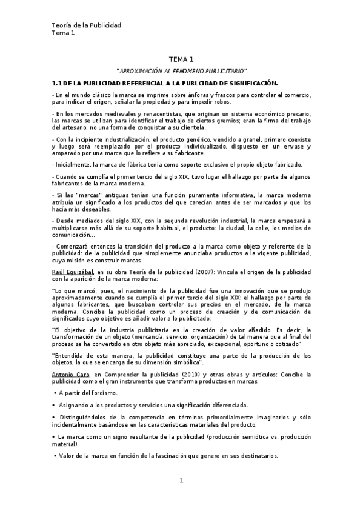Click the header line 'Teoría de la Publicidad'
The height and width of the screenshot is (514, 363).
pos(87,25)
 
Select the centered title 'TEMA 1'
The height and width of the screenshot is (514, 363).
pos(181,59)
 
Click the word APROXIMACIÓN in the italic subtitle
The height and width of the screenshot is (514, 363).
pos(141,72)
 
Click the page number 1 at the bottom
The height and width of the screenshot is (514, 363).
pos(181,481)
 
